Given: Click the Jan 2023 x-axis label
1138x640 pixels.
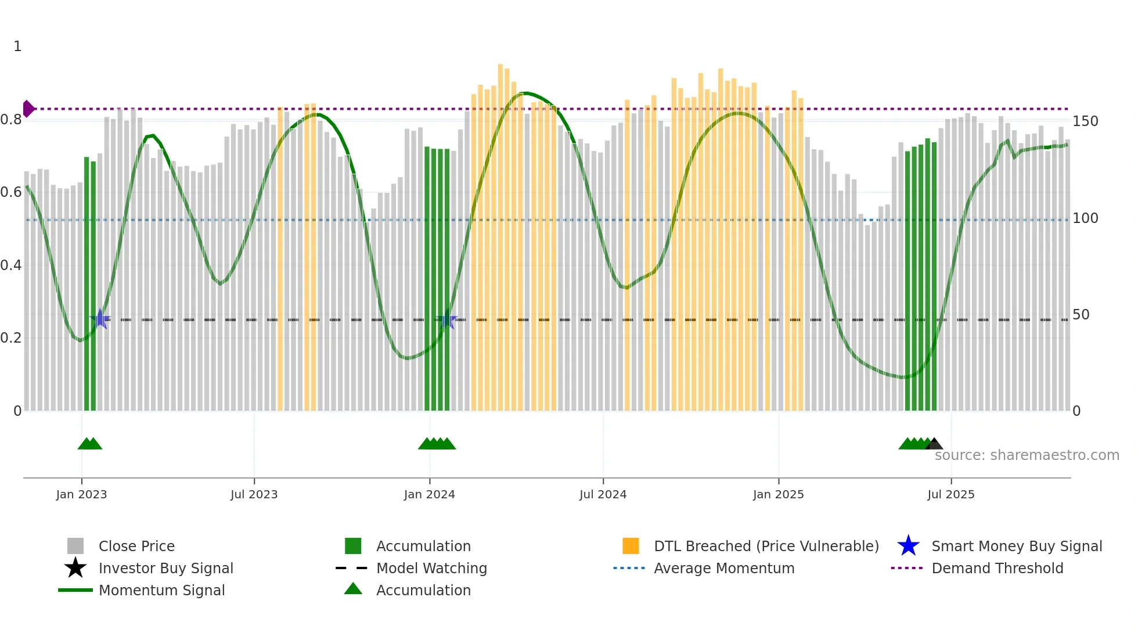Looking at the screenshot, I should click(81, 494).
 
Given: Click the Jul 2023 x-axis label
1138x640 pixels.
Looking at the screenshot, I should click(254, 494).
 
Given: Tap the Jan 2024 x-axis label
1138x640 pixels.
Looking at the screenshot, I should click(429, 494).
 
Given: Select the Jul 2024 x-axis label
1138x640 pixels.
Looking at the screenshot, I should click(603, 494).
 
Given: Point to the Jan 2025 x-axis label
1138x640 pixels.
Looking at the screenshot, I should click(778, 494).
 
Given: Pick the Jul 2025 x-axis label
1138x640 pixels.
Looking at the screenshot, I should click(950, 494).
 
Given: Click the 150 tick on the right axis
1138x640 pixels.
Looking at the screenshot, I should click(1085, 121).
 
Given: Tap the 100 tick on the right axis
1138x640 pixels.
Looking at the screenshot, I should click(1085, 218).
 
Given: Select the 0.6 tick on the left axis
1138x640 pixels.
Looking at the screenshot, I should click(11, 192).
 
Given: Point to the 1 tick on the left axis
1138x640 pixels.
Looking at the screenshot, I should click(17, 46).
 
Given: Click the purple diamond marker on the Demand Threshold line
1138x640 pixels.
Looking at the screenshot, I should click(28, 109).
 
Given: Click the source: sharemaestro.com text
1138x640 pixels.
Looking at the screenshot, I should click(1027, 455).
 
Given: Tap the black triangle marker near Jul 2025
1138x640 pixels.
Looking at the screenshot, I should click(934, 444).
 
